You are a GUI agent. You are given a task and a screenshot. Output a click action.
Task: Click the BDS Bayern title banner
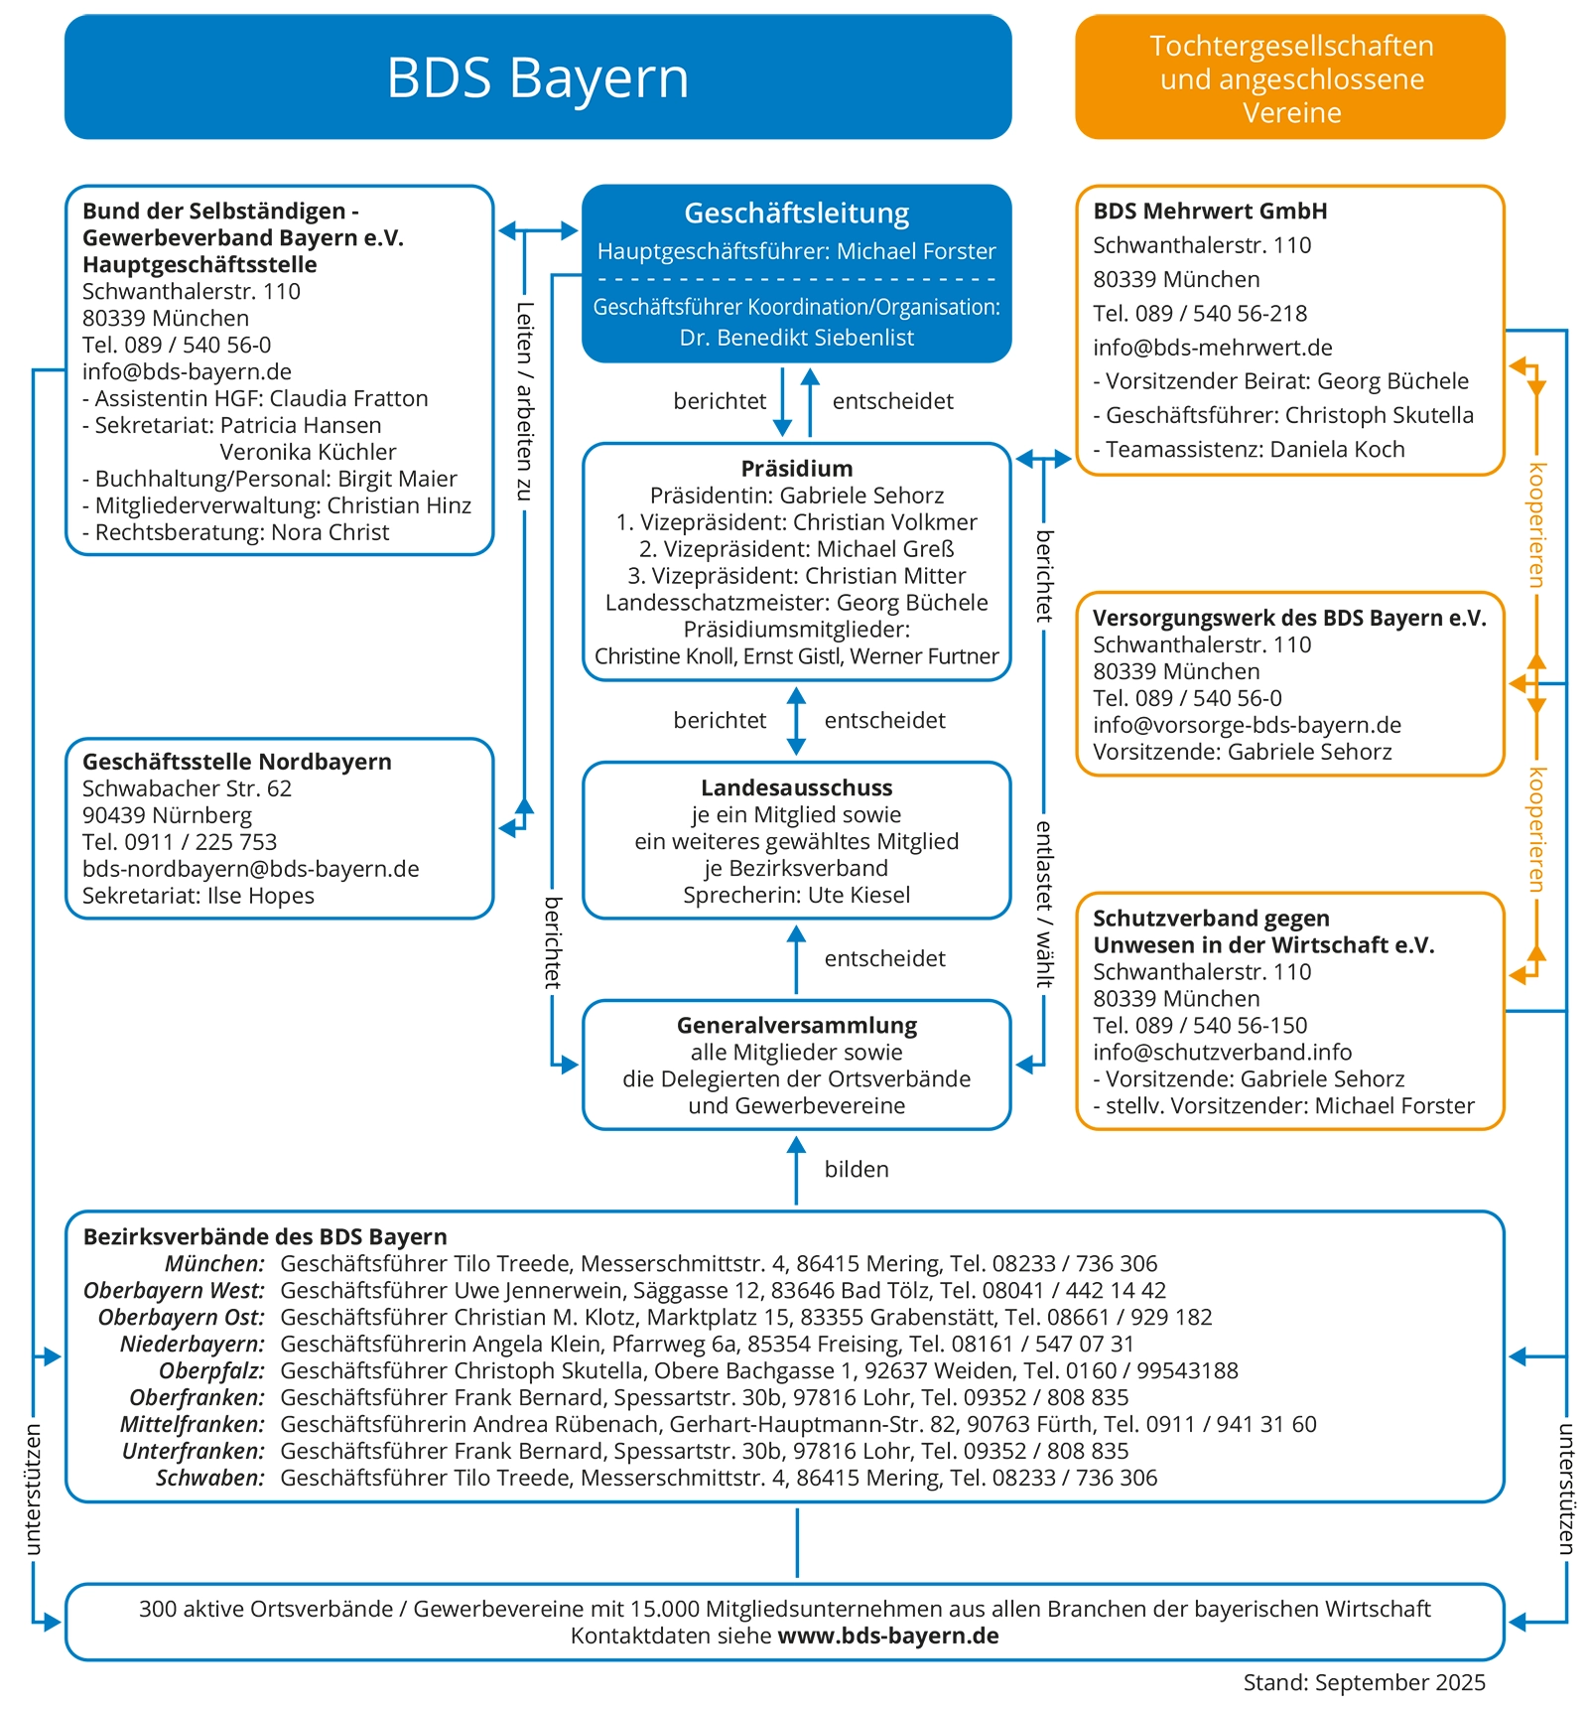(x=537, y=77)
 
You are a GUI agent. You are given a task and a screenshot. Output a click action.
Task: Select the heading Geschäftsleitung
(x=796, y=213)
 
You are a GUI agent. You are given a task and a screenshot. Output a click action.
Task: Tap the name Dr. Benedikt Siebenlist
(x=796, y=338)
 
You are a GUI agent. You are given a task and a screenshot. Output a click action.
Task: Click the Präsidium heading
(x=796, y=469)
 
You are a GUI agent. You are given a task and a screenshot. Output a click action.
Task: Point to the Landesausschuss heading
(x=796, y=787)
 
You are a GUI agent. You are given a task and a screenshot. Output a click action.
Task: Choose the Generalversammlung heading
(x=796, y=1025)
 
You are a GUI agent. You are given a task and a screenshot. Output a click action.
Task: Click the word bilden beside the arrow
(x=857, y=1169)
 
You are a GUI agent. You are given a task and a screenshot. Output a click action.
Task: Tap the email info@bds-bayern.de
(x=187, y=371)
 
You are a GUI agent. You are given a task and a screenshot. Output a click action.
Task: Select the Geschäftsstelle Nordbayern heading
(x=236, y=762)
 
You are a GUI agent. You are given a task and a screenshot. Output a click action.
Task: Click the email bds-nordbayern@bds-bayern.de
(x=250, y=869)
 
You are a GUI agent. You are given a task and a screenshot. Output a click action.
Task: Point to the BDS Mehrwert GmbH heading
(x=1210, y=211)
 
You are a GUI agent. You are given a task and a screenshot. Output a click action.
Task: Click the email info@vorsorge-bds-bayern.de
(x=1247, y=725)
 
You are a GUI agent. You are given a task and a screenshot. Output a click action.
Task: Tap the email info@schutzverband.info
(x=1222, y=1052)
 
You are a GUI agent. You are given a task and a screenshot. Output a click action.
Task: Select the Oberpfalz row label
(x=211, y=1370)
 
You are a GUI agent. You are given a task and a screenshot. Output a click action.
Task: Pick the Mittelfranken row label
(x=193, y=1424)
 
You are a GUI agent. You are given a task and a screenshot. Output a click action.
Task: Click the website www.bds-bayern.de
(x=887, y=1636)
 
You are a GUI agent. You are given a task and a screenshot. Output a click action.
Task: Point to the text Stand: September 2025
(x=1364, y=1682)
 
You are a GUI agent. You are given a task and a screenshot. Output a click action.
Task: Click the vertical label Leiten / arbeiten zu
(x=524, y=401)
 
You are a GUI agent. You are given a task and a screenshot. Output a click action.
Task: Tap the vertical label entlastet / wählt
(x=1043, y=904)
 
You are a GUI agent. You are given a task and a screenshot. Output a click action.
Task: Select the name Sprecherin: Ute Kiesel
(x=796, y=895)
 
